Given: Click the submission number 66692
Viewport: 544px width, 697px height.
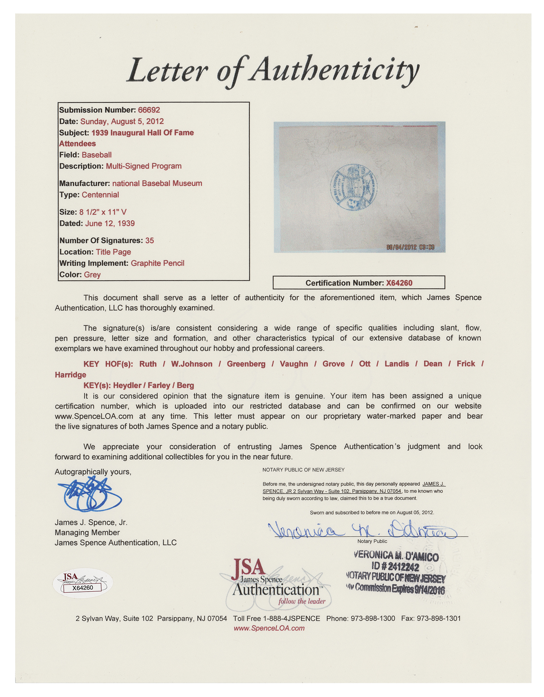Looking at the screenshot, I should coord(149,110).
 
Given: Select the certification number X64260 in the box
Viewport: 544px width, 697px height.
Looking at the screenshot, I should coord(399,283).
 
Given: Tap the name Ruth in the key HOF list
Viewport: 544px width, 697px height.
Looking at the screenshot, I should coord(148,364).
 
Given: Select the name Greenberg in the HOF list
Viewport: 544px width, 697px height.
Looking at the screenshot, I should coord(246,364).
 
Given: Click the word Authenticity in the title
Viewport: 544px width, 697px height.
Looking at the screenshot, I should coord(335,70).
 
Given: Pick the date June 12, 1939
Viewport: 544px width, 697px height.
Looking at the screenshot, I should coord(110,223).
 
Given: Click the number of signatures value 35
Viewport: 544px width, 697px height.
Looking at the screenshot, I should coord(149,240).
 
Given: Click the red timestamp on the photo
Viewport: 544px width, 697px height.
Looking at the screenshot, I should coord(410,247).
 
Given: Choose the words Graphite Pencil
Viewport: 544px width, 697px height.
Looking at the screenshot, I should coord(157,263).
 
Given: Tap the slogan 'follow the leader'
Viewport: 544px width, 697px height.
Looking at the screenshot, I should coord(302,601).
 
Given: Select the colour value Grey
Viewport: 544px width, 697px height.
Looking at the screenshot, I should coord(92,275).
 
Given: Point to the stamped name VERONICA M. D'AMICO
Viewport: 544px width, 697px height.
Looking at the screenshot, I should coord(396,556).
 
